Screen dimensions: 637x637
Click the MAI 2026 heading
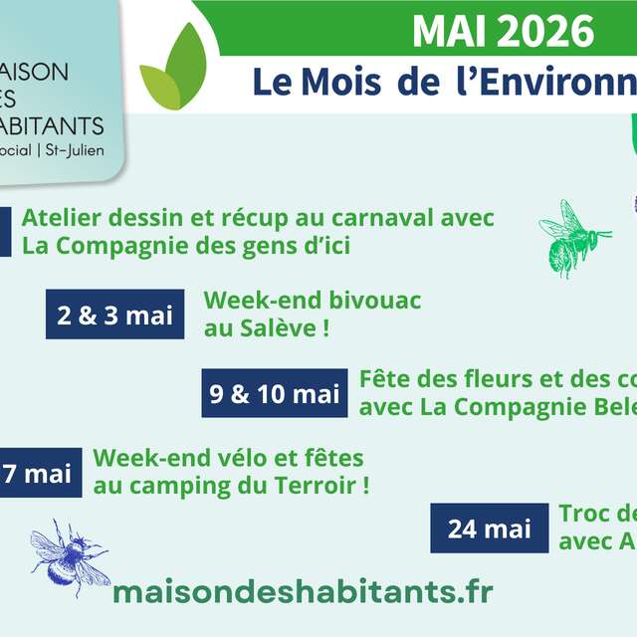pyautogui.click(x=503, y=33)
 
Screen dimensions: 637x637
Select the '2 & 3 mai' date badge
pyautogui.click(x=115, y=316)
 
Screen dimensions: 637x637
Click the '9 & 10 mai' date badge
pyautogui.click(x=275, y=393)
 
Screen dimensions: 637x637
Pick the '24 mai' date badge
pyautogui.click(x=489, y=529)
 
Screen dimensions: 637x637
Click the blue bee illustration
pyautogui.click(x=68, y=556)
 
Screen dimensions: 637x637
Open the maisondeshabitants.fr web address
pyautogui.click(x=303, y=591)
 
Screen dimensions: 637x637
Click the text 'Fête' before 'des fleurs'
pyautogui.click(x=383, y=379)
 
